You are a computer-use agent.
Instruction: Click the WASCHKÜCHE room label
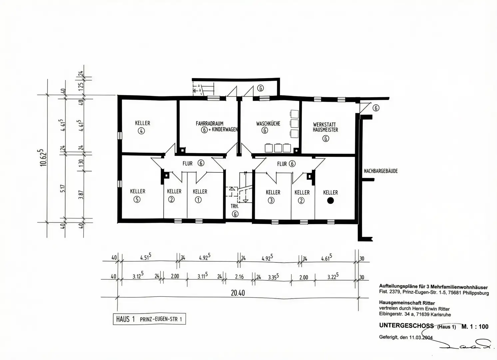coord(268,123)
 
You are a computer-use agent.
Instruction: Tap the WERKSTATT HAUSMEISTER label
coord(325,127)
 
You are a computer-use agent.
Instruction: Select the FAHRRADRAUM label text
coord(210,123)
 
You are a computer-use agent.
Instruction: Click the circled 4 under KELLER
coord(141,131)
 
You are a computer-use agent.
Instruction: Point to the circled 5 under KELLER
coord(137,199)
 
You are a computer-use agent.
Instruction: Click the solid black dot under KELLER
coord(330,201)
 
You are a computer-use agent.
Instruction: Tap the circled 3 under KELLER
coord(271,201)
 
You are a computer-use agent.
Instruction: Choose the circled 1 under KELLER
coord(198,200)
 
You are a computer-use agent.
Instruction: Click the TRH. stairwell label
coord(235,206)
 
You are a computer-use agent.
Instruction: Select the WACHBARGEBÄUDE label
coord(381,171)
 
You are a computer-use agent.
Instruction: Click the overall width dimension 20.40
coord(238,293)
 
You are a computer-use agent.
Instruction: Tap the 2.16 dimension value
coord(240,277)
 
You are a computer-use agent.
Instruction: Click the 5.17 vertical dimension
coord(63,189)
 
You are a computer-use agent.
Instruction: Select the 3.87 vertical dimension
coord(81,195)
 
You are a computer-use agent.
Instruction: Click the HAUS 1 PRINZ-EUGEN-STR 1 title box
coord(149,319)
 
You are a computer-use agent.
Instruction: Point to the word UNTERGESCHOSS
coord(406,326)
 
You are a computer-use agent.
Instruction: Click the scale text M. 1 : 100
coord(475,326)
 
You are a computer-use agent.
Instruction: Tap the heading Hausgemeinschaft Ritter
coord(407,303)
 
